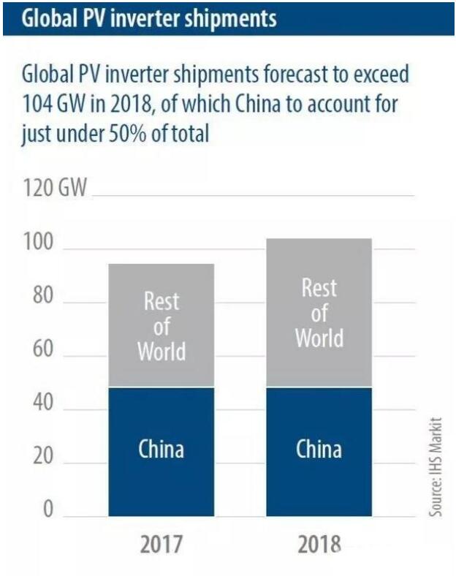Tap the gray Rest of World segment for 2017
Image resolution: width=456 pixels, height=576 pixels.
(161, 325)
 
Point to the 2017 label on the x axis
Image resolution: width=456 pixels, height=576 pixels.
(161, 545)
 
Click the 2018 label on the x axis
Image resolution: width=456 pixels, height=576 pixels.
(319, 545)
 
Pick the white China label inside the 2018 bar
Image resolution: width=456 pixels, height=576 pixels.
(319, 448)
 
